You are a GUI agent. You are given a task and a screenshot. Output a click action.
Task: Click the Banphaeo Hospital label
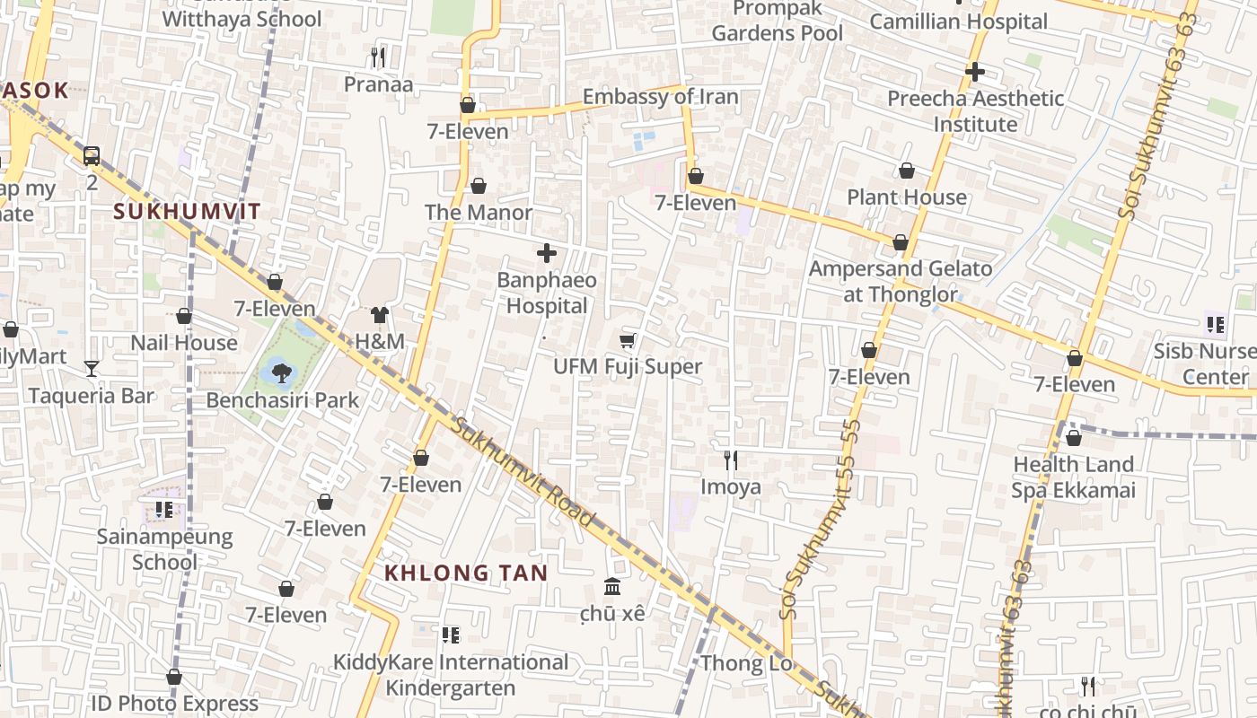pos(546,293)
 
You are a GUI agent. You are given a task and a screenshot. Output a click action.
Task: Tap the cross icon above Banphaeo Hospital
pos(546,254)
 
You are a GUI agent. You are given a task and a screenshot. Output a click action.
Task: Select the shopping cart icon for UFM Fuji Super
pos(628,340)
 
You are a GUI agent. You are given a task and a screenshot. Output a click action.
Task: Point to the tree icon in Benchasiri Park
pos(282,371)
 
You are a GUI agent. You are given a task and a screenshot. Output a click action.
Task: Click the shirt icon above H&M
pos(380,315)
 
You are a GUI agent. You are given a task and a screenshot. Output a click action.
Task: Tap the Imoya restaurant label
pos(731,486)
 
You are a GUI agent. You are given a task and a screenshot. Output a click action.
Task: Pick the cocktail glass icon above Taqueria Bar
pos(91,368)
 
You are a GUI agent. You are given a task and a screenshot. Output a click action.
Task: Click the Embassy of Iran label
pos(660,97)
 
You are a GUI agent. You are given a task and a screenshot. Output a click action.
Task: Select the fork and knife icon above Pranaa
pos(378,57)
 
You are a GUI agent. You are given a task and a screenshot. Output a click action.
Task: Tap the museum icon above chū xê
pos(612,587)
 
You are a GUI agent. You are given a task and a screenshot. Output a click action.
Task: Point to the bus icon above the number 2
pos(92,155)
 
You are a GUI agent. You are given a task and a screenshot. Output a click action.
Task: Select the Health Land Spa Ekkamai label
pos(1073,477)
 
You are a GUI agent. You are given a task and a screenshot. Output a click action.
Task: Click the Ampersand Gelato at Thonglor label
pos(901,281)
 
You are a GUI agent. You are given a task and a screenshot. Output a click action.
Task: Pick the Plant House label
pos(907,197)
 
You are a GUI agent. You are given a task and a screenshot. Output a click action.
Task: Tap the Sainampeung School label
pos(164,549)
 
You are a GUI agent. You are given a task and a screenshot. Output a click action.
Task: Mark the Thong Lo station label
pos(745,663)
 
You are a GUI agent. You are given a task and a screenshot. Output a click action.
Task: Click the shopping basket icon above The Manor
pos(479,186)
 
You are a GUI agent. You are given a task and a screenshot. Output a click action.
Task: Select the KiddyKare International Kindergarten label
pos(451,675)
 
